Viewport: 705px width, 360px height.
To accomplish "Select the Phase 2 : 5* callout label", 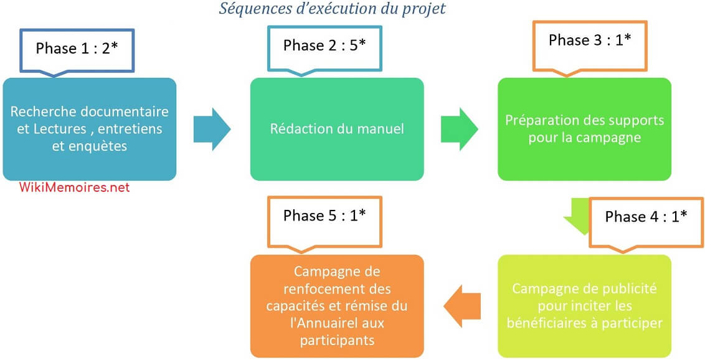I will (x=324, y=46).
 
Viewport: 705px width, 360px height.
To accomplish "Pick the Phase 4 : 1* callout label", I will (x=646, y=217).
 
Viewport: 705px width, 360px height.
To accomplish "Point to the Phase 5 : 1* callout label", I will (x=324, y=216).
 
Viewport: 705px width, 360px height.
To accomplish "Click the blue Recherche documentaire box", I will (x=90, y=129).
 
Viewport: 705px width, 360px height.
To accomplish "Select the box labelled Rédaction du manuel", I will (x=337, y=129).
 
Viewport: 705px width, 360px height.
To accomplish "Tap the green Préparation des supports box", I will (x=584, y=129).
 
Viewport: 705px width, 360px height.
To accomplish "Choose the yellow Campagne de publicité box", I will (x=584, y=306).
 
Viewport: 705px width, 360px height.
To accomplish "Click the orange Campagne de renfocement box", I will (x=337, y=306).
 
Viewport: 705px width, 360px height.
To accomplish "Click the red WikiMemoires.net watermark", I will (x=75, y=187).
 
